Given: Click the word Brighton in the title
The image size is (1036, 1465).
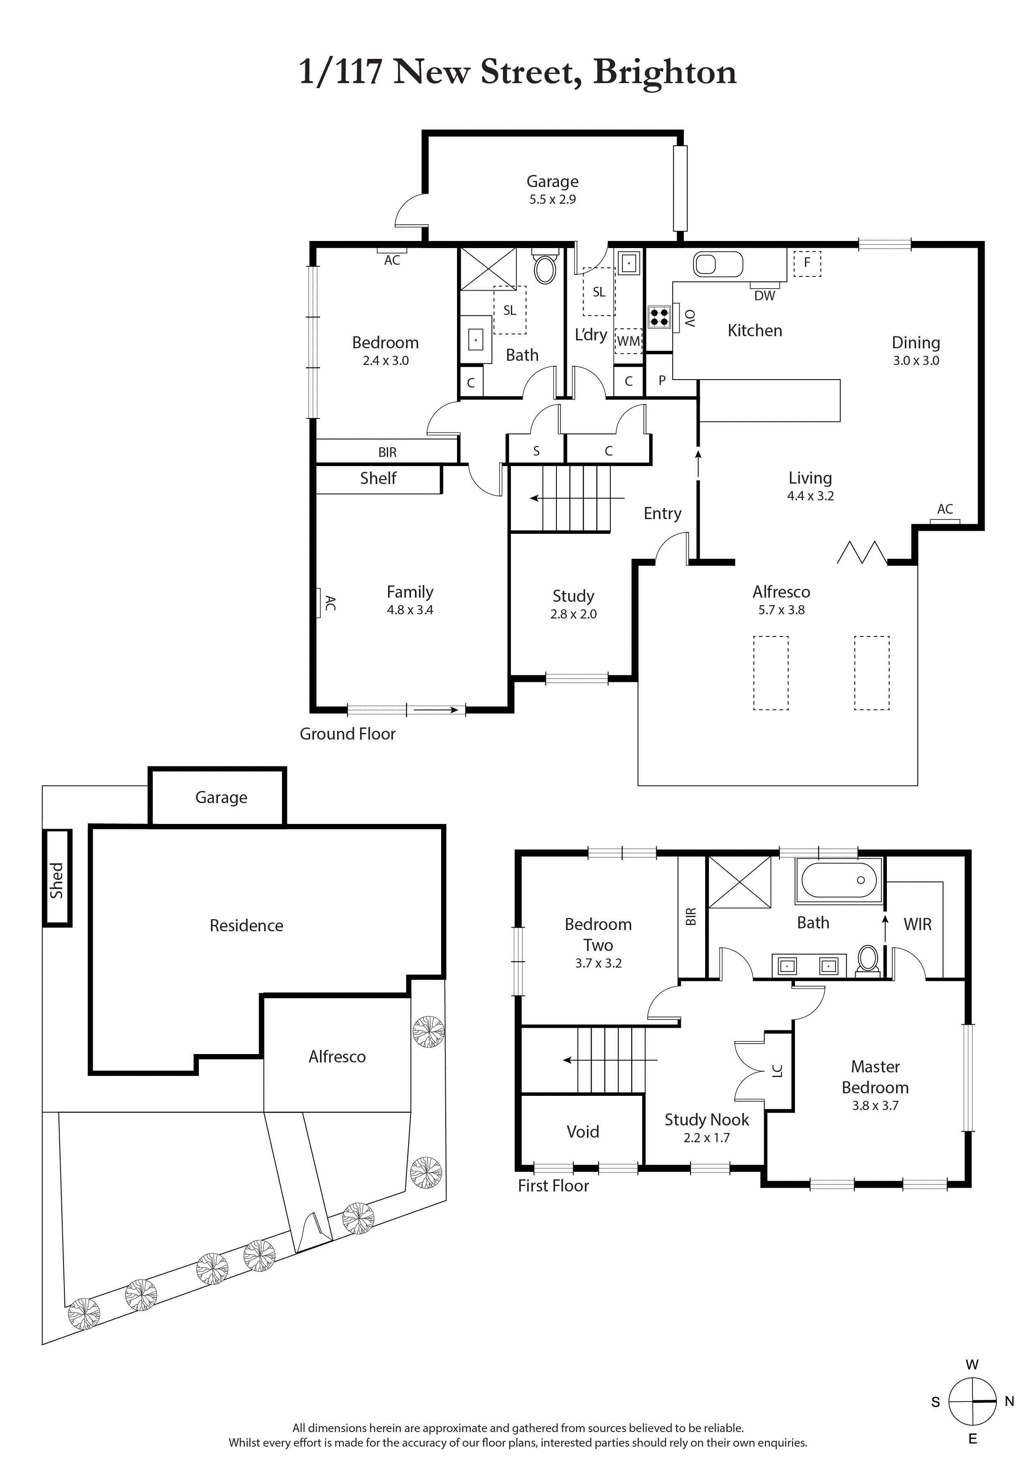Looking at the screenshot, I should [665, 72].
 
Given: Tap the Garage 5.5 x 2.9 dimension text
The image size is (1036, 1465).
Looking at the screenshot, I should [552, 200].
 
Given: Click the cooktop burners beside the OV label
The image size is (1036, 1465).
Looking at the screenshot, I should [659, 317].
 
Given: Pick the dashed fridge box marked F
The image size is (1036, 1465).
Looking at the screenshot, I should [807, 262].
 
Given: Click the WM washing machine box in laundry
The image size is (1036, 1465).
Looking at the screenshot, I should [628, 341].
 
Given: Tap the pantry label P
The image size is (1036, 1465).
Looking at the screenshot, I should [662, 380].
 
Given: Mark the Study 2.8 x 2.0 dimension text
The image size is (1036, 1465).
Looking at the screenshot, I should [573, 614].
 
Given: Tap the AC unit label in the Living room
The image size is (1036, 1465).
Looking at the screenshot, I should [945, 509].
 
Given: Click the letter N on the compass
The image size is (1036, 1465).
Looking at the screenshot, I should [1009, 1401].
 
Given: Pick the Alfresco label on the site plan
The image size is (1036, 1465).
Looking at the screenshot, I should [337, 1057].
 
